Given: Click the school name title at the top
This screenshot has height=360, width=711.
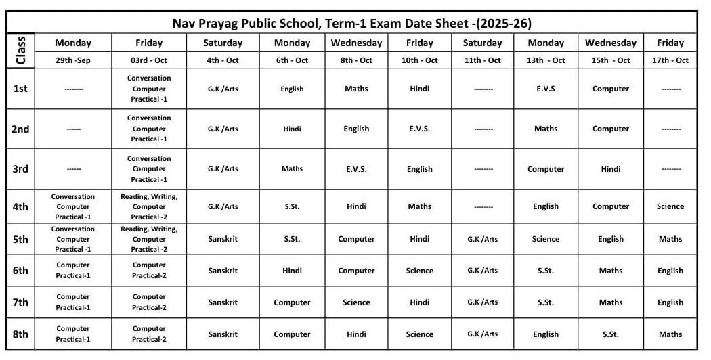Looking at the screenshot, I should (351, 23).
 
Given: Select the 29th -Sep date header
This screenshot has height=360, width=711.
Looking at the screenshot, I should (73, 60).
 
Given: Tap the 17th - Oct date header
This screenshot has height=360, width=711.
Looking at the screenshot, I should (670, 60).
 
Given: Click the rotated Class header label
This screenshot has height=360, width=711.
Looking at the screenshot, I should (20, 50).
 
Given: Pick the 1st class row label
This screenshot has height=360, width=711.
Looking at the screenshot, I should (20, 89).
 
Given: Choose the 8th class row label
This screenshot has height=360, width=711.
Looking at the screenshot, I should (20, 334).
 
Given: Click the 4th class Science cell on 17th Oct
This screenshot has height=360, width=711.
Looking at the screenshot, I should (670, 206).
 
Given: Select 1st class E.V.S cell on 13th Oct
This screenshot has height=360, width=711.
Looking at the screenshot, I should (545, 89).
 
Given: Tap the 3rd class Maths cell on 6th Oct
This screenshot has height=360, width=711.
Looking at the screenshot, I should (292, 169).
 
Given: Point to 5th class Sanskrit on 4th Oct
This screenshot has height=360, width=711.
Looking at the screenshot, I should (223, 239).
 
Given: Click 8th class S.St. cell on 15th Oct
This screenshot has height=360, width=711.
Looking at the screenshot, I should (610, 334).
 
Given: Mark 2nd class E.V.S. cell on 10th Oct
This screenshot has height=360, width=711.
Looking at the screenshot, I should (419, 129).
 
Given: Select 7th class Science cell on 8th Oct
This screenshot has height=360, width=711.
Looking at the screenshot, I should (356, 302).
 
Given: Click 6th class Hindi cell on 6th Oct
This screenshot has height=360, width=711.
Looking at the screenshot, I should (292, 271).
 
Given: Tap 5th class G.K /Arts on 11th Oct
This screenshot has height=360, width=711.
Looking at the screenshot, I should (482, 239).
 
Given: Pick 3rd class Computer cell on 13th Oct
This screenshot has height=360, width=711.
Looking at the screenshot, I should (545, 169).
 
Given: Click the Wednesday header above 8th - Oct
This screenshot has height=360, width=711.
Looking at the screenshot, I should (356, 43).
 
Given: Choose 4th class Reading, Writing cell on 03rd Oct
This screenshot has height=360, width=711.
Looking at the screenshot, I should (149, 206).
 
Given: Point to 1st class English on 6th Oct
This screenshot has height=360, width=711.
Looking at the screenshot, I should (292, 89).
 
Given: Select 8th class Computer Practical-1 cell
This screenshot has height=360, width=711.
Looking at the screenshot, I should (73, 334).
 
